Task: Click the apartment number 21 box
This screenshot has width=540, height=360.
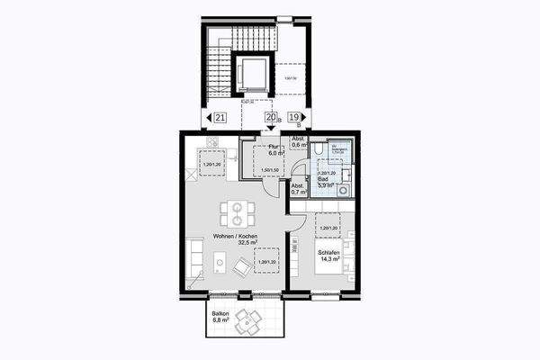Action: point(220,117)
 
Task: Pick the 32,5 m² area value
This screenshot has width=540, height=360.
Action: point(236,243)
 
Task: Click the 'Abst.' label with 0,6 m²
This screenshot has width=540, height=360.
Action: point(297,139)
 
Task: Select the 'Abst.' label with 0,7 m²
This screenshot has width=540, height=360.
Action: point(298,185)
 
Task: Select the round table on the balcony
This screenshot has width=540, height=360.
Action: point(247,319)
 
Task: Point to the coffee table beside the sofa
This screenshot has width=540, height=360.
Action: point(219,263)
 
